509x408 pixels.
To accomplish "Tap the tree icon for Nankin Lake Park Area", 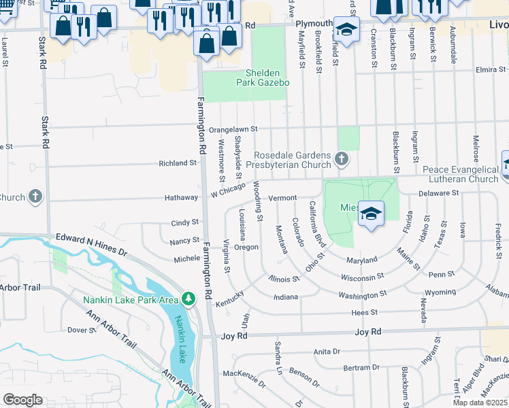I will tap(188, 299).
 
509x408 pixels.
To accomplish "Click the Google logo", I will tap(23, 399).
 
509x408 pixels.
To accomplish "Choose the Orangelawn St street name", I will tap(233, 129).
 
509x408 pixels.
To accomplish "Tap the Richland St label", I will tap(178, 163).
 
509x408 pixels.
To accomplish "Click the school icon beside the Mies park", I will tap(371, 214).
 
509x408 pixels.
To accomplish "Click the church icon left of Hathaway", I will tap(35, 197).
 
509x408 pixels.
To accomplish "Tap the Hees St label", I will tap(364, 313).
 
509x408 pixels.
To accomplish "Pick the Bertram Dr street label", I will tap(361, 368).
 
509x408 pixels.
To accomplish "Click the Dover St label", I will tap(82, 330).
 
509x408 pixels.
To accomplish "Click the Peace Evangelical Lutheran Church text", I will tap(460, 174).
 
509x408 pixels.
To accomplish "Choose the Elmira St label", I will tap(491, 69).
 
